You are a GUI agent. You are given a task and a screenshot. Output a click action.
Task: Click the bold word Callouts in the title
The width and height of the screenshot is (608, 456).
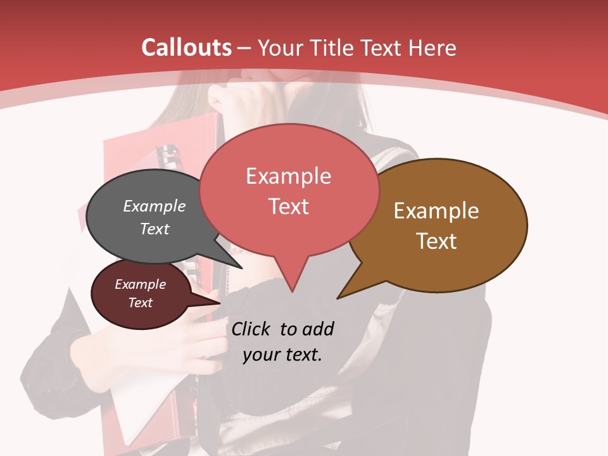186,47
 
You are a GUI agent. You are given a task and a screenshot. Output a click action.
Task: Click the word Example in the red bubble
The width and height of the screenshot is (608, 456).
288,176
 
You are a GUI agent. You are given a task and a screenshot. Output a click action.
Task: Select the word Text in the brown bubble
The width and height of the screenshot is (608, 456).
436,241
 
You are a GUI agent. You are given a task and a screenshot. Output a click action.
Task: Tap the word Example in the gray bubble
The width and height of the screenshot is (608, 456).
155,206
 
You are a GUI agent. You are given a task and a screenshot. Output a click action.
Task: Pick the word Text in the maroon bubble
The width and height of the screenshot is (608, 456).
141,303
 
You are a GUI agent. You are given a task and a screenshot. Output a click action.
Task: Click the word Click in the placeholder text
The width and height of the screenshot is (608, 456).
252,329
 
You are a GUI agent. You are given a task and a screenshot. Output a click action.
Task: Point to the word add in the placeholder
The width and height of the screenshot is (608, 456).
318,329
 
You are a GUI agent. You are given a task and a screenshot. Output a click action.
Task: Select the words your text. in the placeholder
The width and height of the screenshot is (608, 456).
282,355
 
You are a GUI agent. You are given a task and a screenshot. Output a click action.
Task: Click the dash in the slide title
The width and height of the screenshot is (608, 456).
244,48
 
